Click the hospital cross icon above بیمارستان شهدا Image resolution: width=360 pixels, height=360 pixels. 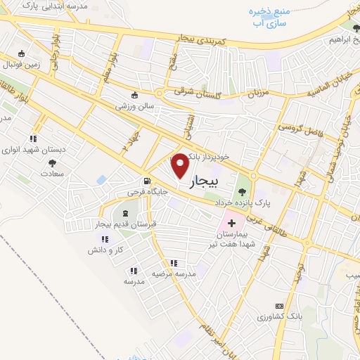(x=231, y=222)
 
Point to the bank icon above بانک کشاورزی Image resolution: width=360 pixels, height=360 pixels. (x=279, y=306)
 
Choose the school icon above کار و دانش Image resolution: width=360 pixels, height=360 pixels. (x=105, y=239)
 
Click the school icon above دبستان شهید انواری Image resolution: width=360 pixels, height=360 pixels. (x=32, y=139)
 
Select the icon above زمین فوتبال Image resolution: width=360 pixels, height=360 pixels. (x=22, y=54)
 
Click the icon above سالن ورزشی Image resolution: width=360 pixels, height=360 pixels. (x=135, y=95)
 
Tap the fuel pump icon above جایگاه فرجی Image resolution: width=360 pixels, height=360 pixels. (x=147, y=180)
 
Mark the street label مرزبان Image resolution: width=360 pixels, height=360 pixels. (x=257, y=92)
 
